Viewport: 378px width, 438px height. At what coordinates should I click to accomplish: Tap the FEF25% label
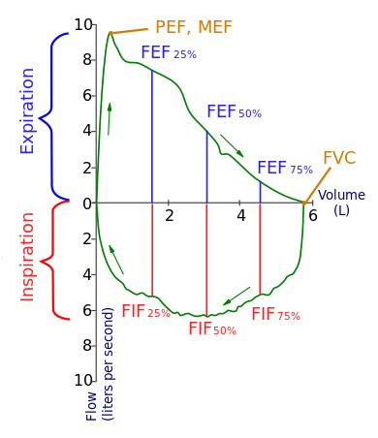coord(168,52)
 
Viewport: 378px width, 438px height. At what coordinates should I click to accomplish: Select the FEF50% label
coord(234,111)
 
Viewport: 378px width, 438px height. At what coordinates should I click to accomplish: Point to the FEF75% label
coord(285,168)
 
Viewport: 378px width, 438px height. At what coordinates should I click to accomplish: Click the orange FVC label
coord(340,157)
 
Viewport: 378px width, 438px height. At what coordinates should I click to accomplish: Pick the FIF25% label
coord(145,312)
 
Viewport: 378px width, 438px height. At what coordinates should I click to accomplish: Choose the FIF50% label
coord(212,328)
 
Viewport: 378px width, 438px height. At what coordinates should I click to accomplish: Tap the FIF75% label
coord(275,314)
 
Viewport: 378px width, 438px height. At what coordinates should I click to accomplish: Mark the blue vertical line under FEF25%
coord(152,136)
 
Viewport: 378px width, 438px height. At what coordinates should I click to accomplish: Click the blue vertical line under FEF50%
coord(207,165)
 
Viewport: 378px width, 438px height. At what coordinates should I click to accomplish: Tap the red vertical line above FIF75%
coord(261,247)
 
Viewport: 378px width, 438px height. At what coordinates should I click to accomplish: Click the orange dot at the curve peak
coord(111,32)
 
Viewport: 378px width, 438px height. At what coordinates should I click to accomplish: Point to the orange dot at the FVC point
coord(304,203)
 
